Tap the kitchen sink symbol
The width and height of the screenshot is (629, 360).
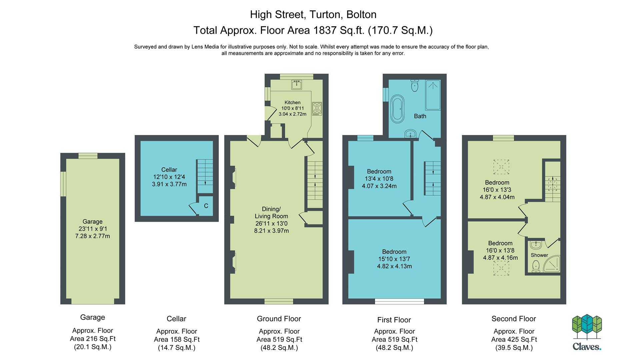click(296, 85)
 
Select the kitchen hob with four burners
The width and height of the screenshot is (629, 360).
click(317, 109)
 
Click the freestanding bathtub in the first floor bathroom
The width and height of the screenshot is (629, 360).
click(397, 109)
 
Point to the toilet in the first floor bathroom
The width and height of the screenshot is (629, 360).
click(415, 85)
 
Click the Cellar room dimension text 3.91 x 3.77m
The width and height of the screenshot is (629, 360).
click(169, 184)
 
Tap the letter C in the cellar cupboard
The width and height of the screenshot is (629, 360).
click(206, 206)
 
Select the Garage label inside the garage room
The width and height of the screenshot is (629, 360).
click(93, 222)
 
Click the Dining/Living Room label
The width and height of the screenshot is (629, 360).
click(271, 213)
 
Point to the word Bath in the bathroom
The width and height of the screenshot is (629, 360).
click(420, 116)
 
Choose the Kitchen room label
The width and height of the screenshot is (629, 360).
click(292, 103)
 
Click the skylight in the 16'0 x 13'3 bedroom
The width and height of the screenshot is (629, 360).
click(501, 167)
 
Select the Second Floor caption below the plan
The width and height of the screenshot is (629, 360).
click(514, 319)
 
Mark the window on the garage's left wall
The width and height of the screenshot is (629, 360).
click(63, 184)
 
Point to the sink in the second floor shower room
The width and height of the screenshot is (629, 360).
click(536, 245)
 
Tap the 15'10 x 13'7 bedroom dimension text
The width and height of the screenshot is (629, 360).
click(394, 259)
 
